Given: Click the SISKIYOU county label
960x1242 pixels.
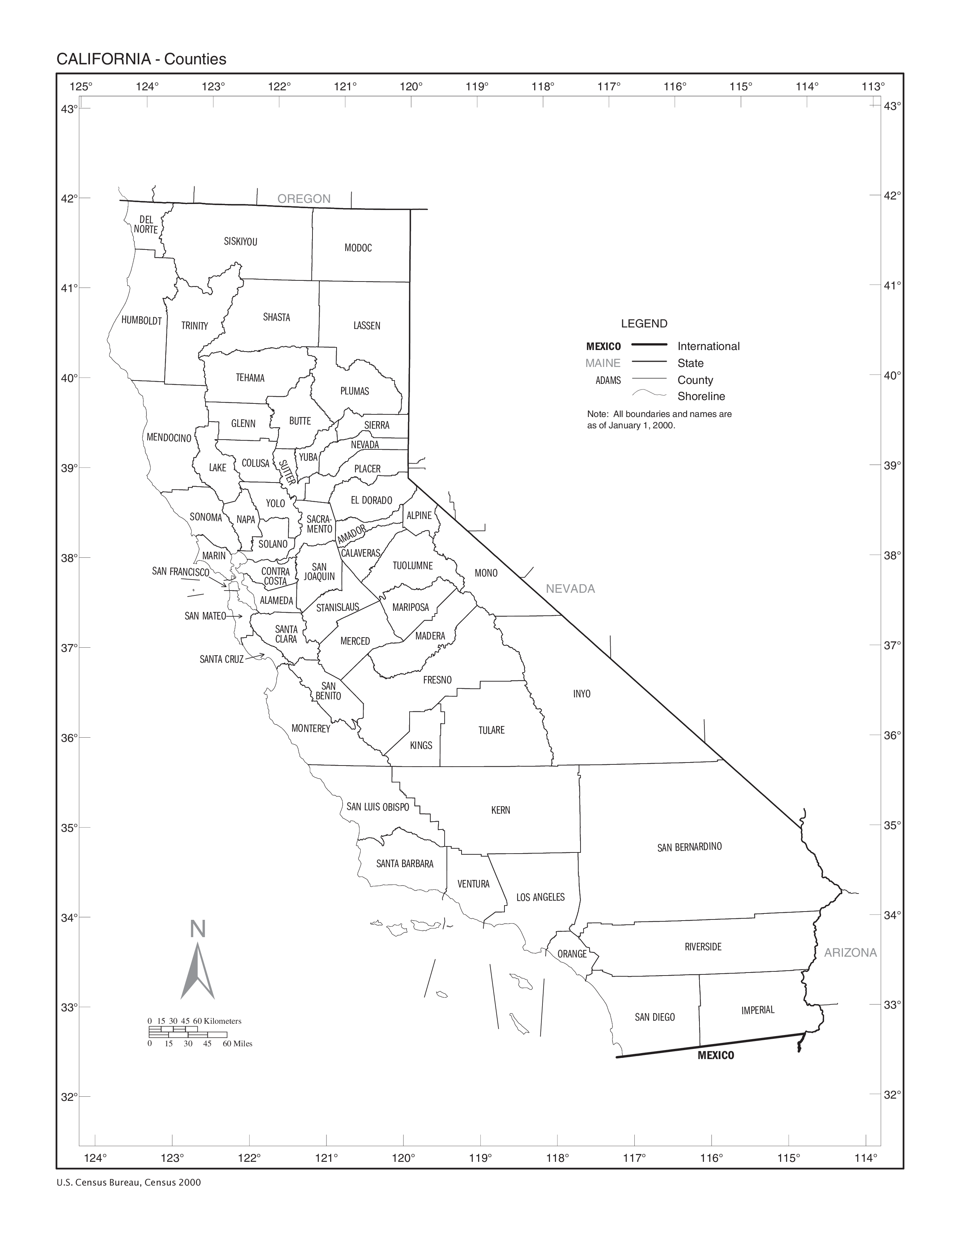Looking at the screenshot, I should pos(240,242).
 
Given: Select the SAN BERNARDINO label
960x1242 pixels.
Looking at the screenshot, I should pos(689,847).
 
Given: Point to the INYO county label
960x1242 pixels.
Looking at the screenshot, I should pos(581,694).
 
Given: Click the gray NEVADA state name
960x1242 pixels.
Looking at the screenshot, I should pos(570,589).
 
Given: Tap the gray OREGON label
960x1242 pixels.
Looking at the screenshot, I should pos(304,198).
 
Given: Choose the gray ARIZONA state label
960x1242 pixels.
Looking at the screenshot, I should pos(850,953).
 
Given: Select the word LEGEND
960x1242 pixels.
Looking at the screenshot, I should pos(644,324).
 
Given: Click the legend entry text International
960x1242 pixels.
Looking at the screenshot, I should pos(708,346).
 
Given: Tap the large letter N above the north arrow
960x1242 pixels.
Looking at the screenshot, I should pos(197,928).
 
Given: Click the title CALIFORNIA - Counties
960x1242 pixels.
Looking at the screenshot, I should pos(141,59).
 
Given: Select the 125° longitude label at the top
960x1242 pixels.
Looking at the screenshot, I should pos(81,87).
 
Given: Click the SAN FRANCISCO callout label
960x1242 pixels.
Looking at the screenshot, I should pos(180,572).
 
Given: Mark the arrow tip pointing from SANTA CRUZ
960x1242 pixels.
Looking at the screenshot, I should pos(264,654).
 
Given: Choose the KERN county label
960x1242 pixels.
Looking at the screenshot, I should pos(500,810).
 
